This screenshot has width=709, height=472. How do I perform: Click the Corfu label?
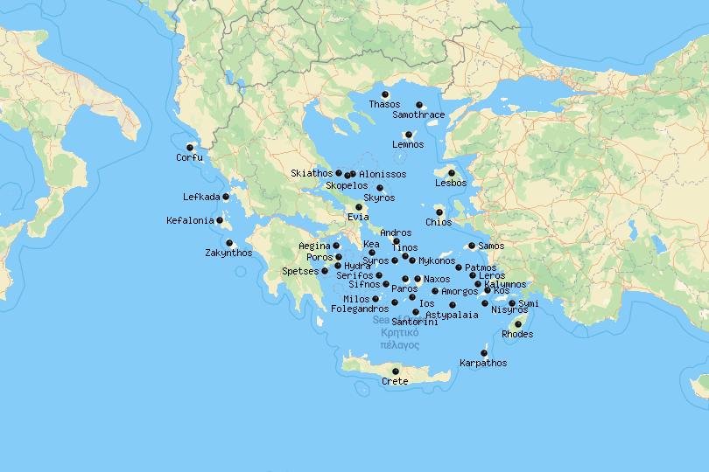189,158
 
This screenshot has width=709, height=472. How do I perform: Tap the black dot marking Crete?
395,371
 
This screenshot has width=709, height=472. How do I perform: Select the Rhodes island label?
517,335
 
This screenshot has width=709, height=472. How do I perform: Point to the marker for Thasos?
385,94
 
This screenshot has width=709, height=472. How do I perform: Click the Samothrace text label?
419,115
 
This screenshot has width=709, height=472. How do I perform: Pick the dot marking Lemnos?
408,135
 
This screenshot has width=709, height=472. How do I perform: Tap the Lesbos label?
451,184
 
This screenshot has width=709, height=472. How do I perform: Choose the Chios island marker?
439,212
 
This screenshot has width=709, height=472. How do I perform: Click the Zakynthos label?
228,253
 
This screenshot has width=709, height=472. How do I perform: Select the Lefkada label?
201,197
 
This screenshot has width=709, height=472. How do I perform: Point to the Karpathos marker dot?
484,353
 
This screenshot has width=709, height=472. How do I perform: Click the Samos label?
492,246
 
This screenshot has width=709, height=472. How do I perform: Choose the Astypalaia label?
452,316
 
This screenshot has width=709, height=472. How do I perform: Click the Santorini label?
415,323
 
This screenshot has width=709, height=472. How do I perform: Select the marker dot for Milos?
376,299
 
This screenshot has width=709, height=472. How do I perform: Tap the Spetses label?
300,272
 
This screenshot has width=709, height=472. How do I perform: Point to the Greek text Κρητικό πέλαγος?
400,338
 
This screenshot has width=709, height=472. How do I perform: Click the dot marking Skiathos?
339,173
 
